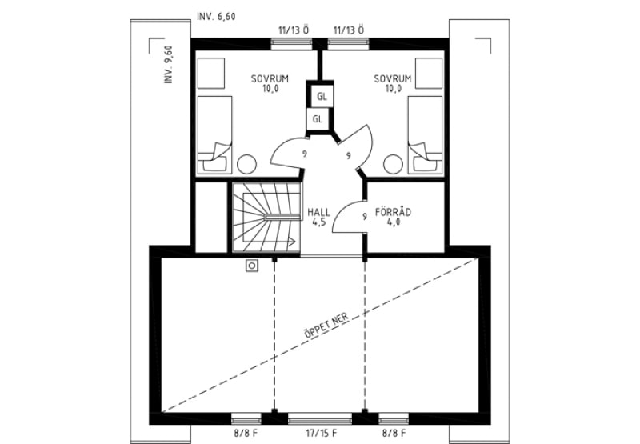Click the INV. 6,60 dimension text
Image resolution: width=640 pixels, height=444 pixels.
point(216,17)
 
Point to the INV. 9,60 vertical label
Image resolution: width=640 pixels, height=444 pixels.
point(168,65)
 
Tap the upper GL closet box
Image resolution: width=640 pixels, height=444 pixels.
point(322,97)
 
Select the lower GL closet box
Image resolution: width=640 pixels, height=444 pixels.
point(318,119)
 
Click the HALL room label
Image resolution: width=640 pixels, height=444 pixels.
point(318,212)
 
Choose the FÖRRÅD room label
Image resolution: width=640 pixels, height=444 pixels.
point(393,212)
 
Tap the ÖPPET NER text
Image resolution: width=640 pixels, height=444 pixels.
point(326,326)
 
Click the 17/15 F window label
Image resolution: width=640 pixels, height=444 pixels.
point(322,433)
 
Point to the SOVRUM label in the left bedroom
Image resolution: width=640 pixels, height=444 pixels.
point(270,78)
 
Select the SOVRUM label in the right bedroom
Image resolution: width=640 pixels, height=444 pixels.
point(393,78)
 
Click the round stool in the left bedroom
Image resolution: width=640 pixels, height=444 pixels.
point(247,165)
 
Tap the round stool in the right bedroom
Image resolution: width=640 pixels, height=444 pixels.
point(393,165)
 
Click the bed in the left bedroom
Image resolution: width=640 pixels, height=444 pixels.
point(214,135)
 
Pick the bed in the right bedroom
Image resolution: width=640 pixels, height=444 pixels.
point(425,135)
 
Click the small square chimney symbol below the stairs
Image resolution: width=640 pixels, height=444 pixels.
point(252,266)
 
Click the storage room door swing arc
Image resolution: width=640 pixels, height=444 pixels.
point(342,211)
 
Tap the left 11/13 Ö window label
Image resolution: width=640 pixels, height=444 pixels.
point(294,30)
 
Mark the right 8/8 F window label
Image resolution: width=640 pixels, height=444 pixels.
point(394,433)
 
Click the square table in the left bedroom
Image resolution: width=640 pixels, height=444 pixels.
point(211,73)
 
